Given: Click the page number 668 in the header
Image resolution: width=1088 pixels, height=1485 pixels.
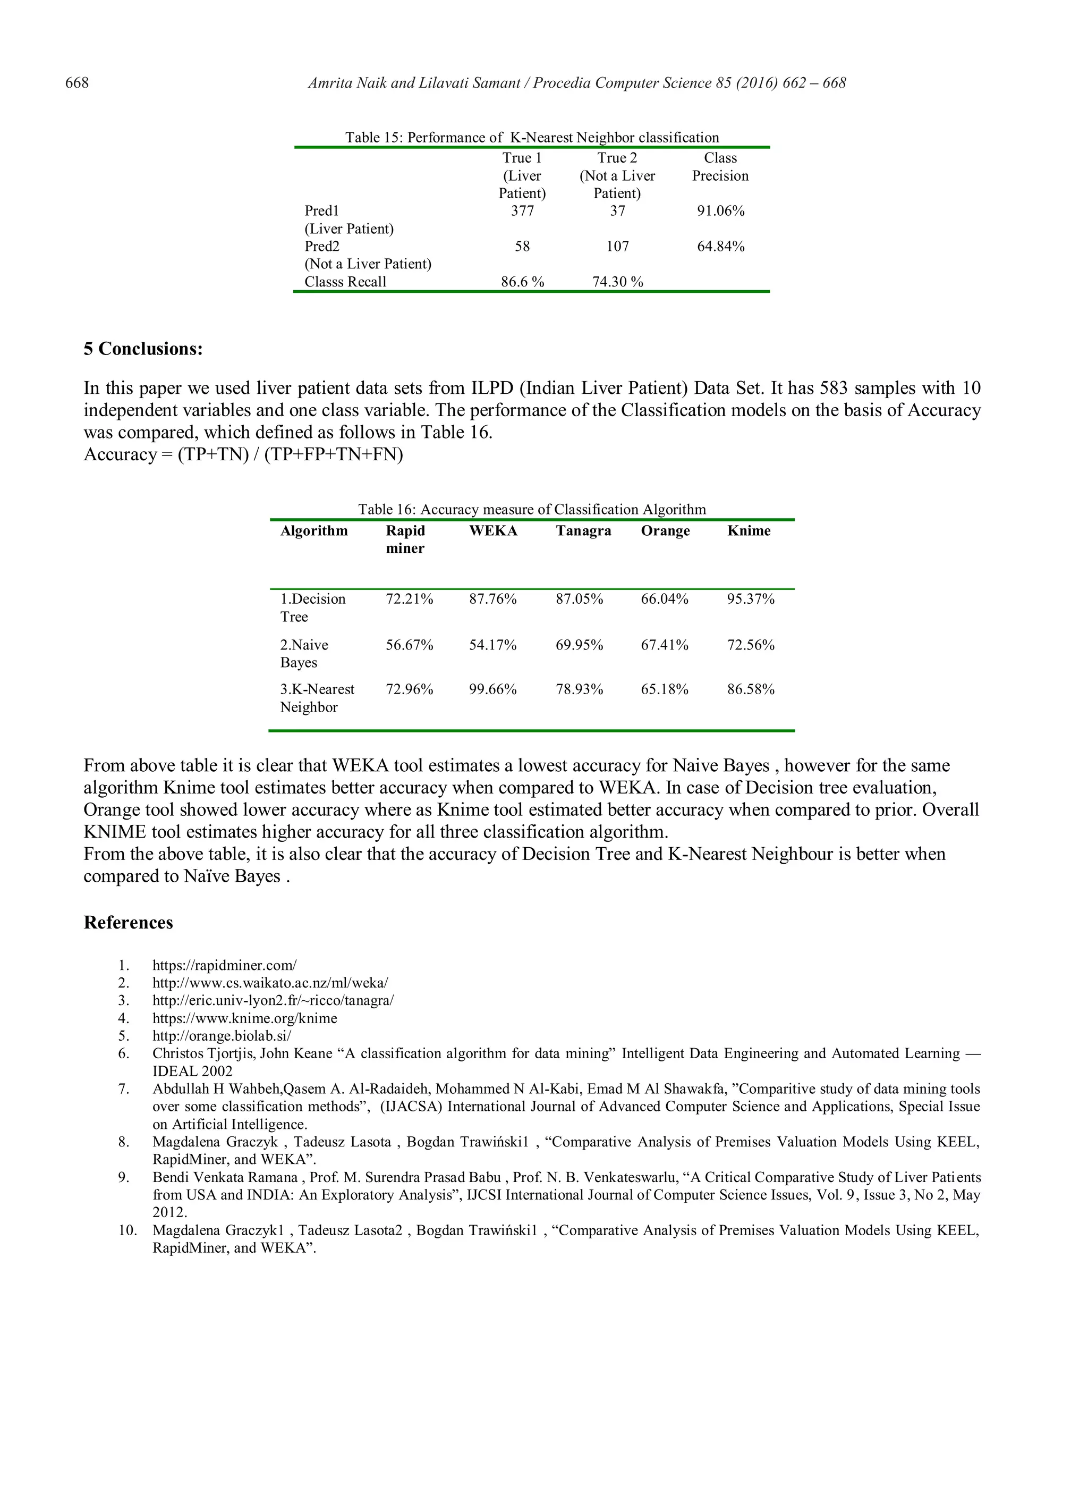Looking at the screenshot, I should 77,83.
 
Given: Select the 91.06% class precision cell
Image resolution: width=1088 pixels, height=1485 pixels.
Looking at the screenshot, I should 720,211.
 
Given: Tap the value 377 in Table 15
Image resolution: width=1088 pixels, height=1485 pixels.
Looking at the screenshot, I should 522,211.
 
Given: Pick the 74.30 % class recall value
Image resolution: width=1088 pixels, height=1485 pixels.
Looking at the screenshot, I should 617,282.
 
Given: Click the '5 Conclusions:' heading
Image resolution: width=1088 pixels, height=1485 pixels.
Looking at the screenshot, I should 143,349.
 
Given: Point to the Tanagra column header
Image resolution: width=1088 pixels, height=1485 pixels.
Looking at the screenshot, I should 583,531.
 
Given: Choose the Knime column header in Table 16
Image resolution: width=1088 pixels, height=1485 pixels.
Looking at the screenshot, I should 748,531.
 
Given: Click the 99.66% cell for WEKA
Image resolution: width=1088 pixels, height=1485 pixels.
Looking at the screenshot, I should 492,689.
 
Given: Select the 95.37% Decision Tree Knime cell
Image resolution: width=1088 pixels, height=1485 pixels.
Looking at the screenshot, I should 750,599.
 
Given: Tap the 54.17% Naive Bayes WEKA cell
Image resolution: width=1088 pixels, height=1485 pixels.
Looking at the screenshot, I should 492,645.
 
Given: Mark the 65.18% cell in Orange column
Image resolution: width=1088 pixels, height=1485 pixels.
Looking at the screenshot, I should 665,689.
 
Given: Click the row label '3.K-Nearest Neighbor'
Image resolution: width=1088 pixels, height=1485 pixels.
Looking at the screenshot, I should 317,698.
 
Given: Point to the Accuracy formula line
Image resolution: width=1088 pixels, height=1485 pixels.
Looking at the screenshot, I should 243,454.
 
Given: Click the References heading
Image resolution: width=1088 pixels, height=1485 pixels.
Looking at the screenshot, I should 129,922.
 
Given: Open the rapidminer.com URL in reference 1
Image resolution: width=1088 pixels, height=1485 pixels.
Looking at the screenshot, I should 225,965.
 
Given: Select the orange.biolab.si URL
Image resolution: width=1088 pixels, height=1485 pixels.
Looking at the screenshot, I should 222,1036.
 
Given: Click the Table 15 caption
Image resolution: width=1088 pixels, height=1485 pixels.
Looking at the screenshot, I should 532,138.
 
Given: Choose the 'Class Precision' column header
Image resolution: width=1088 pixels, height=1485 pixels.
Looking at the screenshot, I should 720,167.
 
